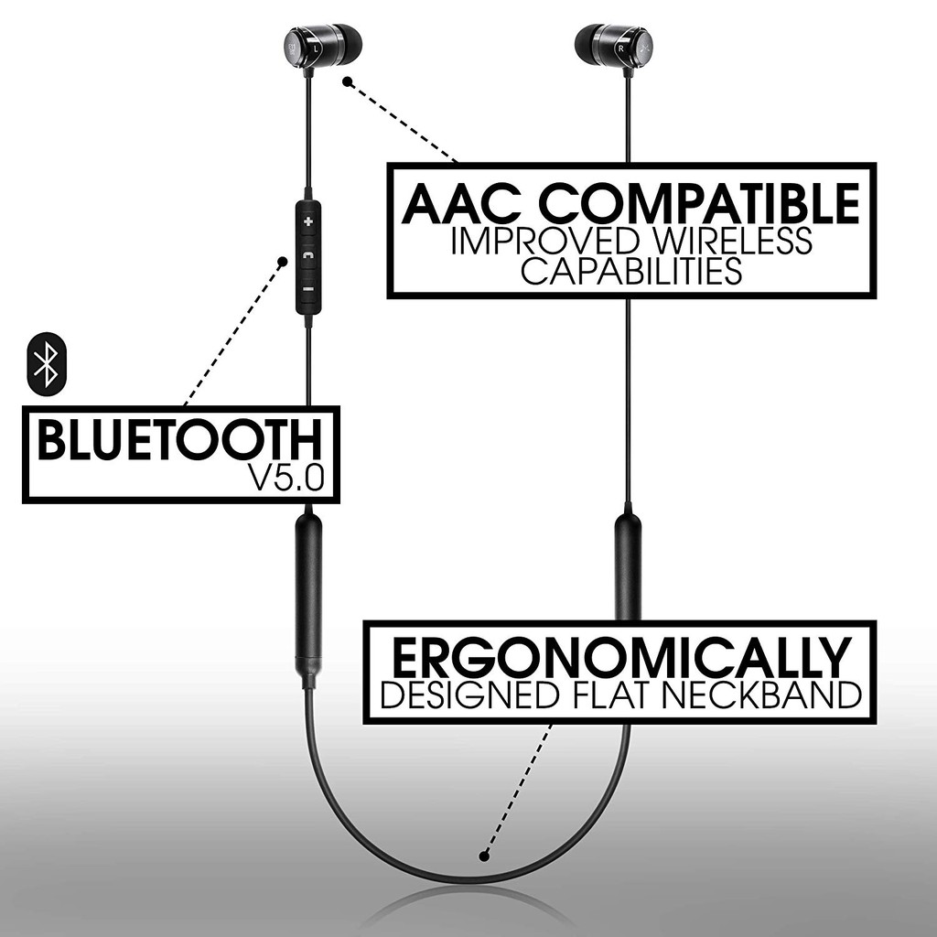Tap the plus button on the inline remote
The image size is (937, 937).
307,222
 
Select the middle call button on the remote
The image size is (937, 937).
307,256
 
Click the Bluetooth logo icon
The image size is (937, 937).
47,363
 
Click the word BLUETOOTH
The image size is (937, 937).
180,440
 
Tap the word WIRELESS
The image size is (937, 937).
732,241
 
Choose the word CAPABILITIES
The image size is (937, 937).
631,270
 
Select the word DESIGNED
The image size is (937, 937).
469,695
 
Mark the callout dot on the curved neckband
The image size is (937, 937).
484,856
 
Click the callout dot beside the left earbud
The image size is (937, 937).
347,81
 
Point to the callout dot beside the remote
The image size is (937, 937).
283,262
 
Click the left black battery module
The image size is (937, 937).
309,592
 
